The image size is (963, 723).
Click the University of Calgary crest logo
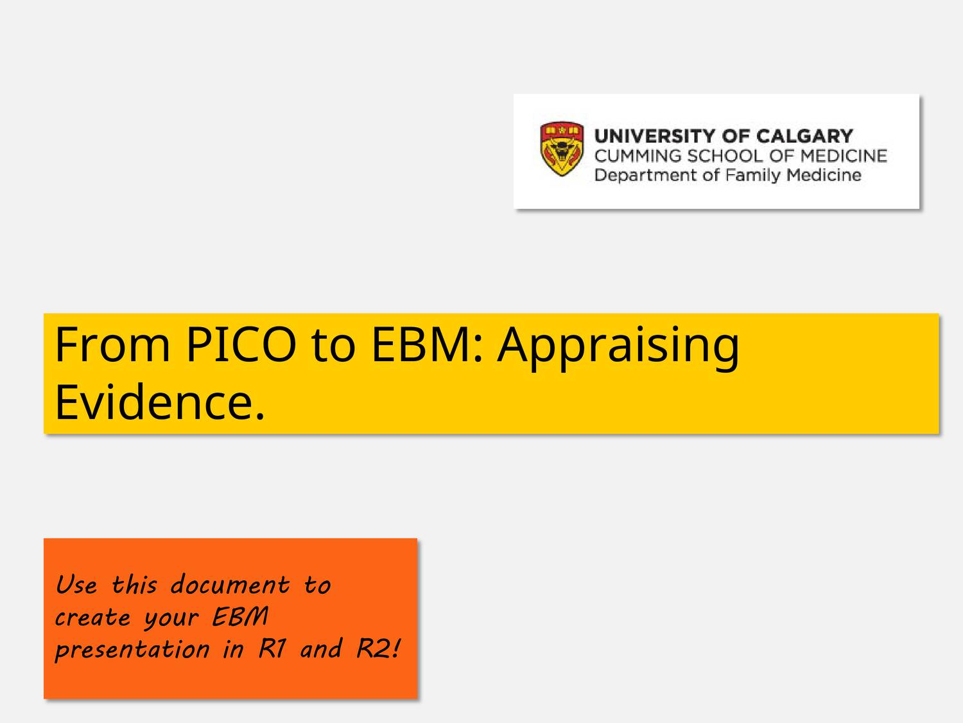pyautogui.click(x=562, y=148)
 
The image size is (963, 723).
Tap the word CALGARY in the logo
pyautogui.click(x=804, y=136)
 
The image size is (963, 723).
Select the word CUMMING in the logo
pyautogui.click(x=638, y=156)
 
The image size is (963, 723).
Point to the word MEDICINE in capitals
pyautogui.click(x=844, y=156)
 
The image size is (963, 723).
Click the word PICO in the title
pyautogui.click(x=241, y=344)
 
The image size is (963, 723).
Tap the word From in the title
pyautogui.click(x=112, y=344)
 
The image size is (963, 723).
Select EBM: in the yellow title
pyautogui.click(x=428, y=344)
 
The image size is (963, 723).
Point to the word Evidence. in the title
pyautogui.click(x=160, y=402)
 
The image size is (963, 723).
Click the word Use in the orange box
pyautogui.click(x=76, y=585)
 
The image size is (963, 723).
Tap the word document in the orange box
pyautogui.click(x=230, y=585)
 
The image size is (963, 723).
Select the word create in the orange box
pyautogui.click(x=93, y=618)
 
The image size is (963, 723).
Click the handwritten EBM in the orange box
pyautogui.click(x=240, y=617)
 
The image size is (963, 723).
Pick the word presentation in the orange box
pyautogui.click(x=132, y=650)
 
